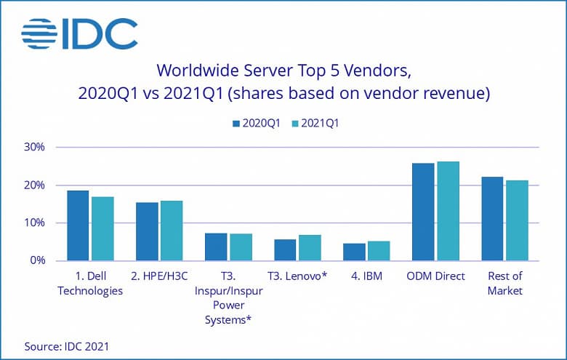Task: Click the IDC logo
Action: [79, 33]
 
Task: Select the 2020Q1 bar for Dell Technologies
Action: [78, 225]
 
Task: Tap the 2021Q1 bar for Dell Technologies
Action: [102, 228]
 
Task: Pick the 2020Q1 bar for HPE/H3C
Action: [147, 231]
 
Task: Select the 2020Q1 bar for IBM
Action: [354, 252]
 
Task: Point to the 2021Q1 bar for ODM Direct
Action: [447, 211]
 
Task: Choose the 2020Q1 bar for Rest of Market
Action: [492, 218]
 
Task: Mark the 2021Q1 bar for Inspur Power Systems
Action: [241, 247]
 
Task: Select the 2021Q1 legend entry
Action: [315, 123]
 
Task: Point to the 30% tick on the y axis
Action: [34, 147]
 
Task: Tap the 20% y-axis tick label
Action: [34, 185]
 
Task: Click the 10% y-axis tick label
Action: [34, 223]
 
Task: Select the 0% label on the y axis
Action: [37, 260]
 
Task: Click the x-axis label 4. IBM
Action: [366, 276]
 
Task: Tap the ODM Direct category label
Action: [435, 276]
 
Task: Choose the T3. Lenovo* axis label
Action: [297, 276]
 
